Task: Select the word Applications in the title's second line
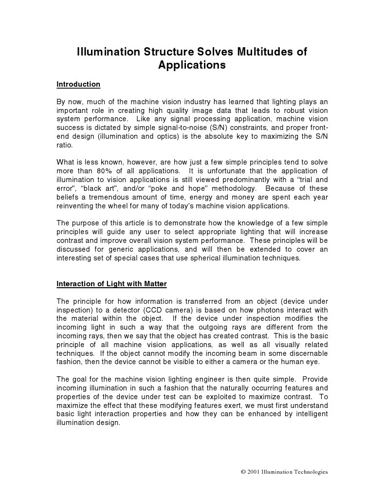click(x=192, y=65)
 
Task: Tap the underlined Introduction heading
click(x=78, y=84)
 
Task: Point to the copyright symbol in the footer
click(x=243, y=472)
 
